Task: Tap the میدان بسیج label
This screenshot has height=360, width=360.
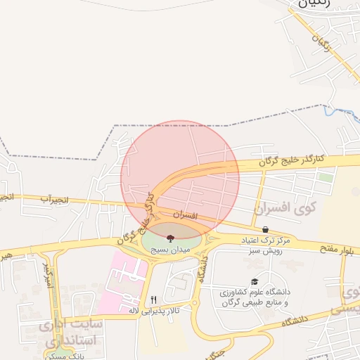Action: click(171, 248)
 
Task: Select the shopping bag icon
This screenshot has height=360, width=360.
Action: click(265, 229)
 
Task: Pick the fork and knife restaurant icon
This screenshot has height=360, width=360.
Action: click(153, 299)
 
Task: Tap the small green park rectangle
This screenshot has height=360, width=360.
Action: click(324, 177)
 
